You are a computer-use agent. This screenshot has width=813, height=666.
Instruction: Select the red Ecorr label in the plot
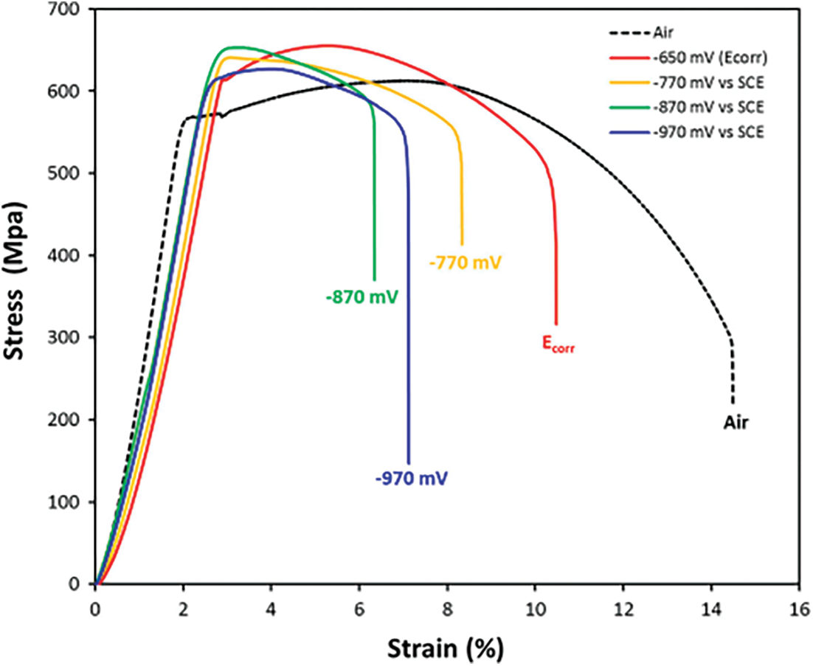tap(557, 343)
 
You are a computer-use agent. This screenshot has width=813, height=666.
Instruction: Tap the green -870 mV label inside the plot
tap(362, 297)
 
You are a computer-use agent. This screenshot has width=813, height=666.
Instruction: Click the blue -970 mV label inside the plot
tap(411, 478)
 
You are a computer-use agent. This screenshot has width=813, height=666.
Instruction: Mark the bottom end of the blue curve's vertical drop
tap(409, 462)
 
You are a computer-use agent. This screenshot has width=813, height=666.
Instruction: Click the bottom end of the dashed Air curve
tap(732, 403)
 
